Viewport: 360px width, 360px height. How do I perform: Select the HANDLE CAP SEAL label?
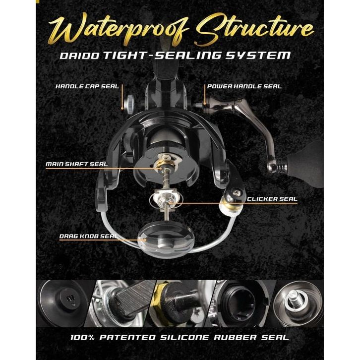click(87, 86)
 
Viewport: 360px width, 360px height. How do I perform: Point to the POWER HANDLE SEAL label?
click(244, 86)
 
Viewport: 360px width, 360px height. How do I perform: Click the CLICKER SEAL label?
click(272, 199)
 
